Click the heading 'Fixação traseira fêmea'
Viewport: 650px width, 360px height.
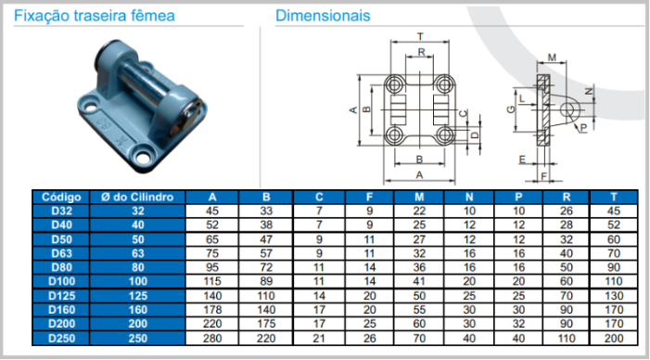click(95, 16)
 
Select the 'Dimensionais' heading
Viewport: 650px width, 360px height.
click(323, 16)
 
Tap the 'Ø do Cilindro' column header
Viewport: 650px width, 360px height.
click(137, 197)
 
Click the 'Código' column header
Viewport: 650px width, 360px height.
click(61, 197)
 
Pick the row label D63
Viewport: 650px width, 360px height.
click(61, 253)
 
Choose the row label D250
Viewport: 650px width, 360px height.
click(61, 339)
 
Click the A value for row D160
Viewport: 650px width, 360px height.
click(212, 310)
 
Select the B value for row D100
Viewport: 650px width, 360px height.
click(266, 282)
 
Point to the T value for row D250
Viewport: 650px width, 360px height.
click(614, 339)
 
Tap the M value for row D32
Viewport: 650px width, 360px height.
click(419, 212)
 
